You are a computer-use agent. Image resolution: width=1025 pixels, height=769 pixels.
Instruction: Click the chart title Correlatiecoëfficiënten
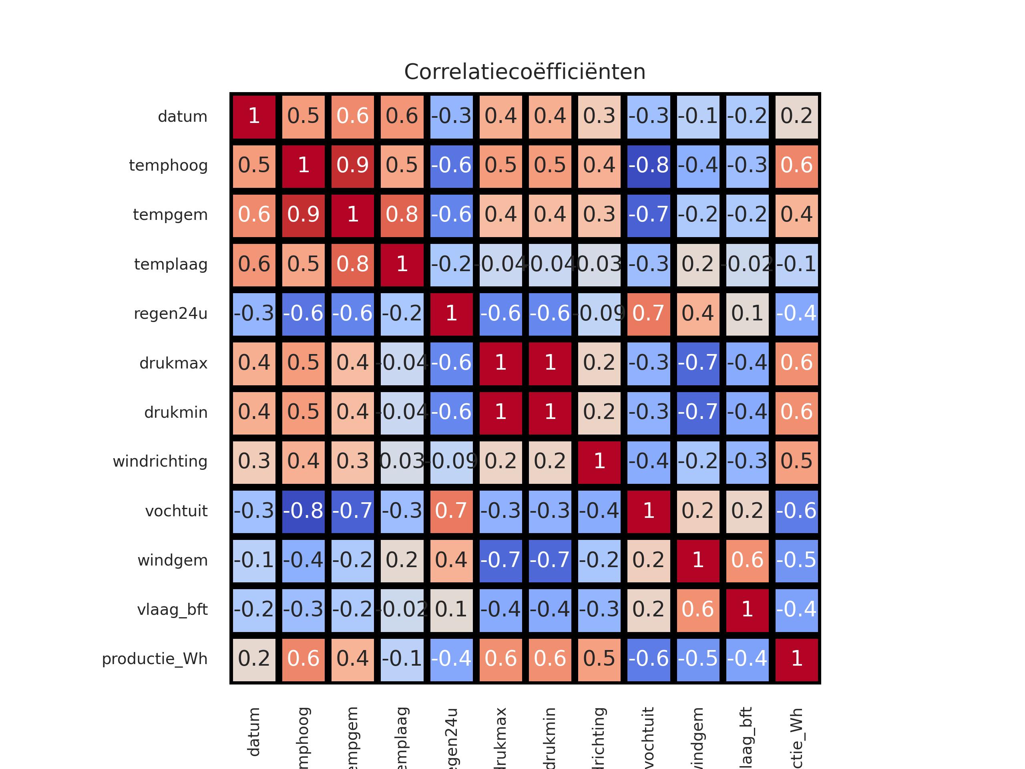tap(525, 72)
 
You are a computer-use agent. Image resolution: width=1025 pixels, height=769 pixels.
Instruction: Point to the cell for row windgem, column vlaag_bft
tap(747, 560)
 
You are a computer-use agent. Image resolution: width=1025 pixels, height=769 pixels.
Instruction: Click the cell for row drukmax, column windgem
tap(698, 363)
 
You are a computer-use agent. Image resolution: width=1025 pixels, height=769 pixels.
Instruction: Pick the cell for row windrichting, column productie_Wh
tap(796, 462)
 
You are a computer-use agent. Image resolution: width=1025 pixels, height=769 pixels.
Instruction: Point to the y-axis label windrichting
tap(160, 462)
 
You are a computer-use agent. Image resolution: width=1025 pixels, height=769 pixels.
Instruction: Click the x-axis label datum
tap(254, 733)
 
